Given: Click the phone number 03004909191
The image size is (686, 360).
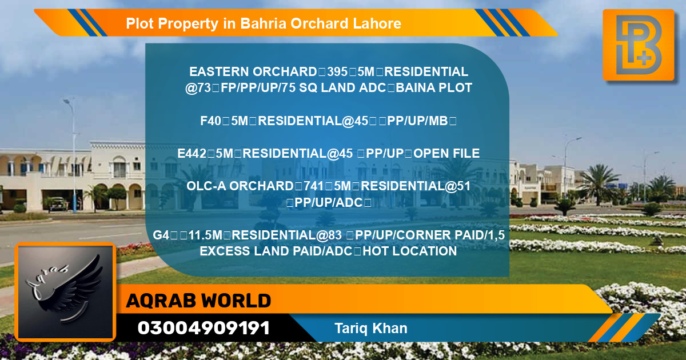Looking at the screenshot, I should tap(204, 328).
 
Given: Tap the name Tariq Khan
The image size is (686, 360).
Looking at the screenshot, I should tap(371, 328).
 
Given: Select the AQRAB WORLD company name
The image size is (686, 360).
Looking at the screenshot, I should tap(198, 301).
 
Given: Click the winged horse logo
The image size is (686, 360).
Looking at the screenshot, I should tap(65, 293).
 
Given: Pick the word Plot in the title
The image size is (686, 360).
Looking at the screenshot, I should tap(139, 23).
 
